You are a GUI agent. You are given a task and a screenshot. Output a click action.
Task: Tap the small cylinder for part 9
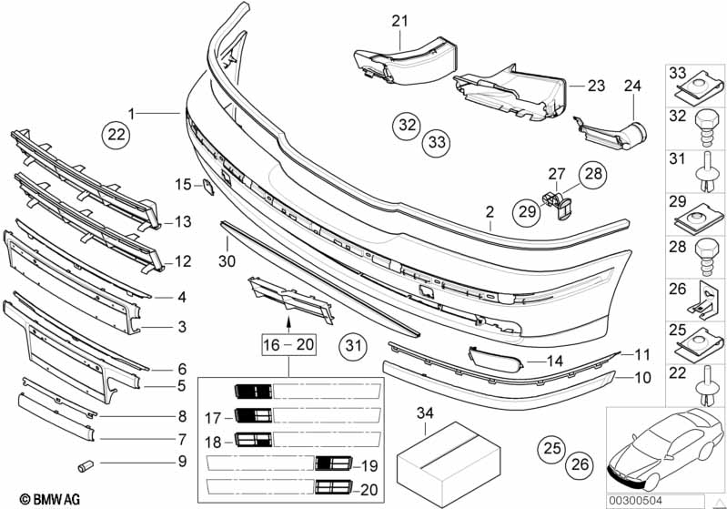86,465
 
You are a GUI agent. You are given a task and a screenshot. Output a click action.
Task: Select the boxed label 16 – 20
288,345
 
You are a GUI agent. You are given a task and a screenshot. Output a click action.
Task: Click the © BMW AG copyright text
50,499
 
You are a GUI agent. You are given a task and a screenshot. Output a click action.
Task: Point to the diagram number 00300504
636,501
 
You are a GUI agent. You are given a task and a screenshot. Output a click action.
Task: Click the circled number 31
353,346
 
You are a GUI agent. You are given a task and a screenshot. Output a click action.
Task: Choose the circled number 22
116,135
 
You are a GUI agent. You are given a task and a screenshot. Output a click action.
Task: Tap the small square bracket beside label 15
207,187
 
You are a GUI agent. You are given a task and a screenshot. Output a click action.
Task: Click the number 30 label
227,261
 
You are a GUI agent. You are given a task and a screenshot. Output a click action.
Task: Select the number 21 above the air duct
399,21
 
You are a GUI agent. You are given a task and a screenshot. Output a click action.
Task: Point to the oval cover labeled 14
496,360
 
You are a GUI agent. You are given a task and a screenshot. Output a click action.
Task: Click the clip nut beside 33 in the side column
698,87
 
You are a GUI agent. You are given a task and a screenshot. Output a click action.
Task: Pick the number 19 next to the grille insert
369,465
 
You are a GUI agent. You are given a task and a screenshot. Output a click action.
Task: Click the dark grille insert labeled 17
253,415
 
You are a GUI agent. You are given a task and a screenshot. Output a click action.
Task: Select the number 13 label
183,222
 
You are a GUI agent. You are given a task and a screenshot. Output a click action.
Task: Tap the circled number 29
527,212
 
